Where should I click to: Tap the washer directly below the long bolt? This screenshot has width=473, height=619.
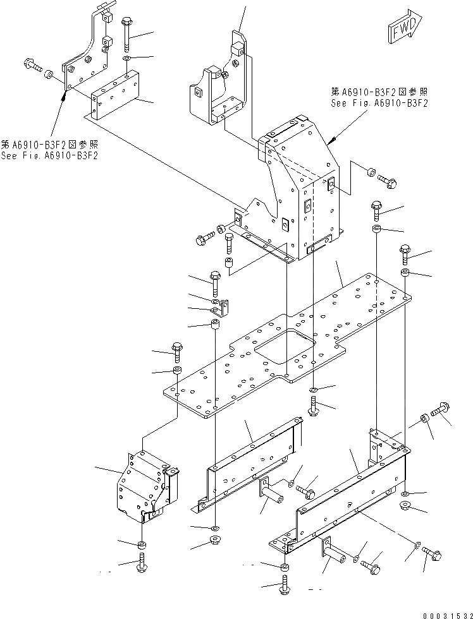(x=126, y=59)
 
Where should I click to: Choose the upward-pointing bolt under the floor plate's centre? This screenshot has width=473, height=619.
(x=314, y=406)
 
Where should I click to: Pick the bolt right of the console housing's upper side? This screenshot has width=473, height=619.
(x=387, y=181)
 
